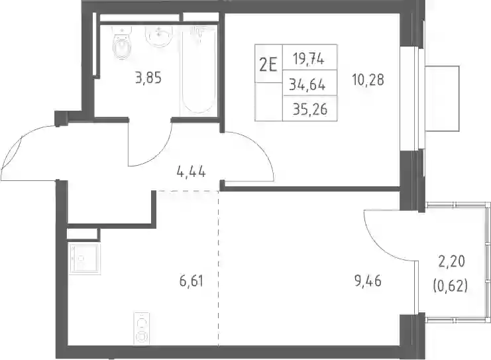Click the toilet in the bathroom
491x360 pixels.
pos(121,44)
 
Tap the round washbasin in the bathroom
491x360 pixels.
pos(159,36)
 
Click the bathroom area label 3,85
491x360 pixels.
pos(148,78)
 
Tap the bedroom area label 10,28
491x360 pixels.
pos(368,80)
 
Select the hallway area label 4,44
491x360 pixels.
pos(191,172)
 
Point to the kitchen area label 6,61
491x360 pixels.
pos(191,281)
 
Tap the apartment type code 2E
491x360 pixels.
pos(268,66)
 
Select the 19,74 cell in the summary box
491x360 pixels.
pos(309,58)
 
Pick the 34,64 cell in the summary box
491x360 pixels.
pos(307,84)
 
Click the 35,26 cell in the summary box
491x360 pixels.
pos(310,109)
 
